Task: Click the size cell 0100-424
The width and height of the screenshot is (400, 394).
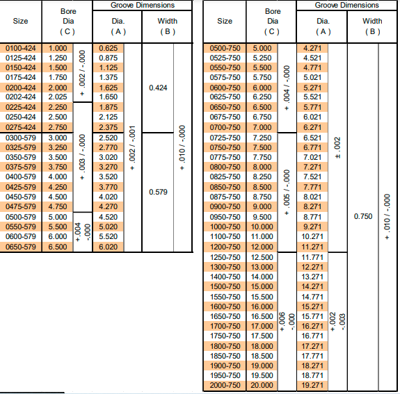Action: click(x=21, y=48)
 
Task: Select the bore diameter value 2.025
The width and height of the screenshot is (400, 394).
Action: click(x=58, y=97)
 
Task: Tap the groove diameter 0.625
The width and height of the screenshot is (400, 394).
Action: click(x=109, y=48)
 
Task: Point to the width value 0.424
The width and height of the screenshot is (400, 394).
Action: click(x=158, y=88)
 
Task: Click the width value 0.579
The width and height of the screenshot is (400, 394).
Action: click(x=158, y=192)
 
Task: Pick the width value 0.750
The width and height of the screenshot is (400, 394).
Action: click(x=363, y=216)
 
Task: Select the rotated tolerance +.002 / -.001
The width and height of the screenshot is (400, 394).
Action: click(x=132, y=148)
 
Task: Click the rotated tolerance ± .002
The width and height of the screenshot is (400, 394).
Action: click(x=337, y=147)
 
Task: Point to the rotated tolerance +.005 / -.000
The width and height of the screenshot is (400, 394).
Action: click(x=287, y=192)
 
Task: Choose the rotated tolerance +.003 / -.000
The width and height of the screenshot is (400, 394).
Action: click(x=82, y=157)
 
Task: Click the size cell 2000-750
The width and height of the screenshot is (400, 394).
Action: click(x=225, y=386)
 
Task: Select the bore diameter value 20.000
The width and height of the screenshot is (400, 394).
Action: click(x=262, y=386)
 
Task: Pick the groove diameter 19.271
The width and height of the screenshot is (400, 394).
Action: click(x=312, y=386)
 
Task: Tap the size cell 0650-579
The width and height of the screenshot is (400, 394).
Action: click(x=21, y=247)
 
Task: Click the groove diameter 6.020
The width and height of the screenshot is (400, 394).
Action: click(x=109, y=247)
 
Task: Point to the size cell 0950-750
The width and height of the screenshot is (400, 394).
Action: click(x=225, y=217)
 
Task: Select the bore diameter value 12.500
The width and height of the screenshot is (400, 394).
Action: click(x=262, y=257)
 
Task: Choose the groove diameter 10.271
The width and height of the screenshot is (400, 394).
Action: click(x=312, y=237)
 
